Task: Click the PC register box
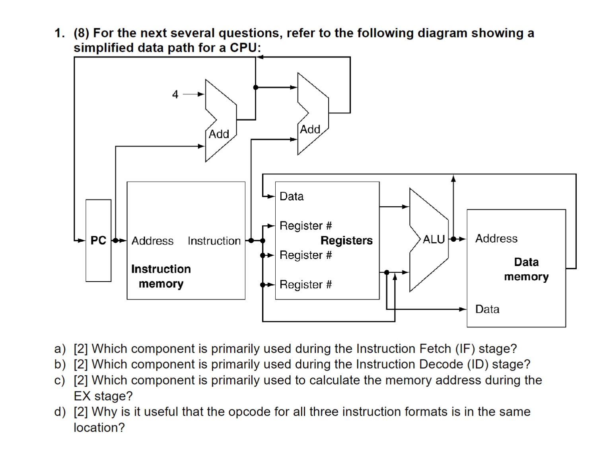tap(98, 241)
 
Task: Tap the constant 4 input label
tap(175, 94)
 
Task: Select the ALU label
tap(434, 239)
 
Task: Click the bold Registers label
tap(346, 241)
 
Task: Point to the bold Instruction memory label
tap(161, 276)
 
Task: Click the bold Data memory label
tap(526, 269)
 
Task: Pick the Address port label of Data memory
tap(496, 239)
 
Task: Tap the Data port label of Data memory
tap(487, 309)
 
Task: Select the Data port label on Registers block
tap(292, 196)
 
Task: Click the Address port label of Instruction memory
tap(152, 241)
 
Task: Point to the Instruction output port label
tap(214, 241)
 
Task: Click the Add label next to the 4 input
tap(219, 134)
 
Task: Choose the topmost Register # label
tap(305, 226)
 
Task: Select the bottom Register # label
tap(305, 285)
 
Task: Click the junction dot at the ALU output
tap(453, 239)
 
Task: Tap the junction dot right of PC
tap(115, 241)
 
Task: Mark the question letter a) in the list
tap(60, 349)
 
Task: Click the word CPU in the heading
tap(243, 48)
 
